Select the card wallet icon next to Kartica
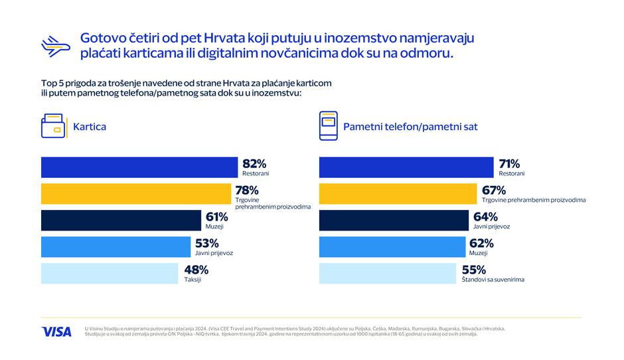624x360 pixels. (53, 126)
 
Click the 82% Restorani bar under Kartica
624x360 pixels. (139, 167)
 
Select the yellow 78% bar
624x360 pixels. (135, 194)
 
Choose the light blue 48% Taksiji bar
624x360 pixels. (110, 274)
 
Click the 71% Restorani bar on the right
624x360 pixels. (407, 167)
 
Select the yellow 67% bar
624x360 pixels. (399, 194)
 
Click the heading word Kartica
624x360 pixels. (90, 126)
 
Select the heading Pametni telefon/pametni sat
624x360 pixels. (410, 126)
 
